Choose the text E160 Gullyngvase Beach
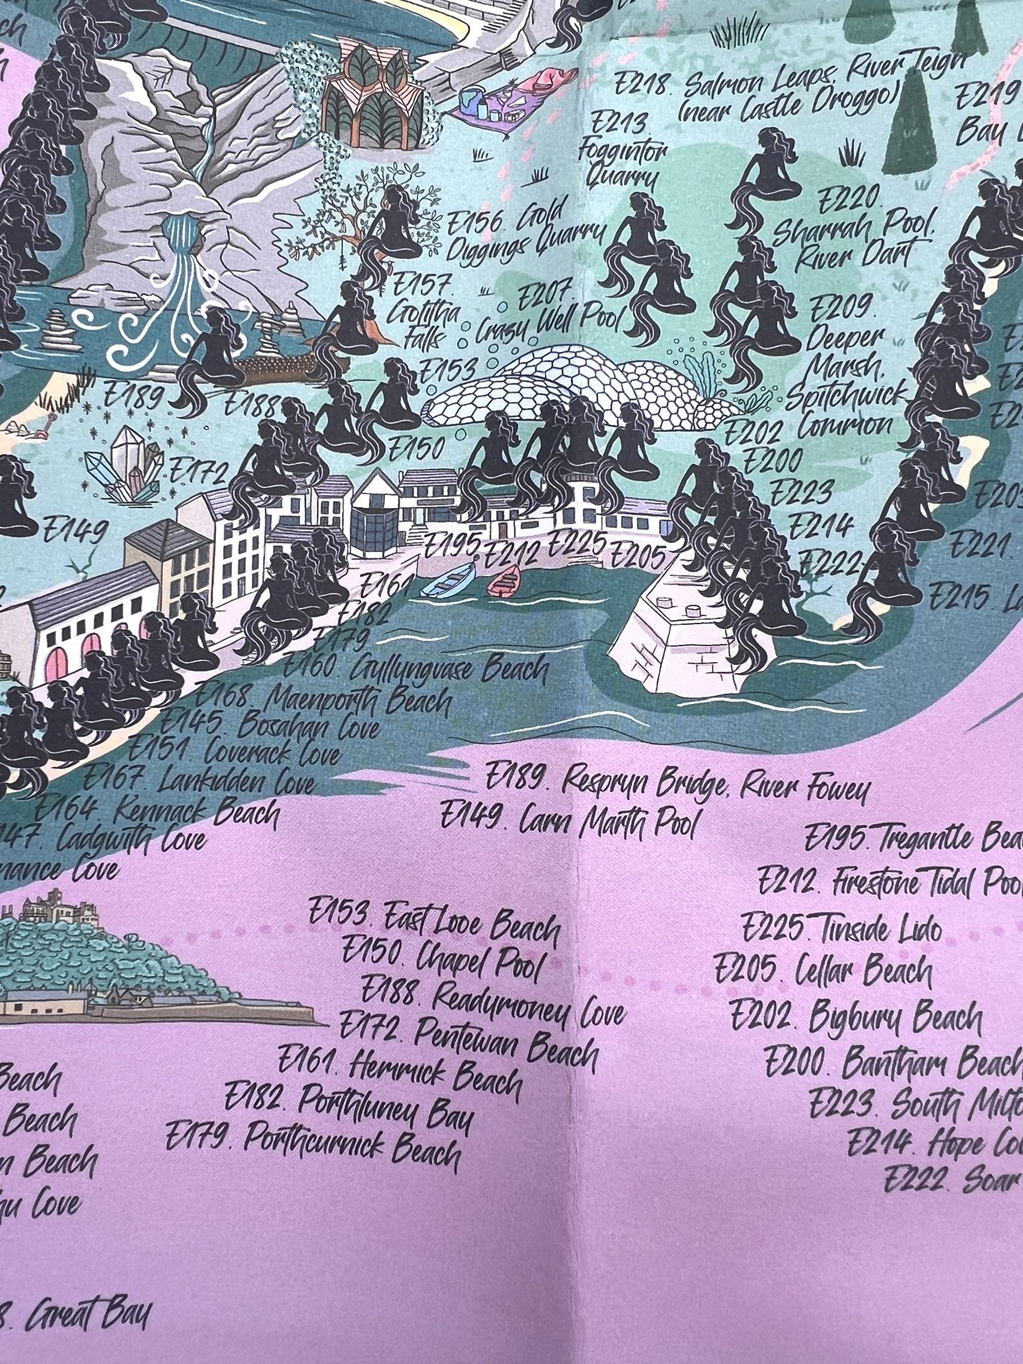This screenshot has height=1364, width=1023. pyautogui.click(x=416, y=668)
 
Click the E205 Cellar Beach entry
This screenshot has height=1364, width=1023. pyautogui.click(x=823, y=972)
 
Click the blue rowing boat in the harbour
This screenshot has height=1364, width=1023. pyautogui.click(x=450, y=580)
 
